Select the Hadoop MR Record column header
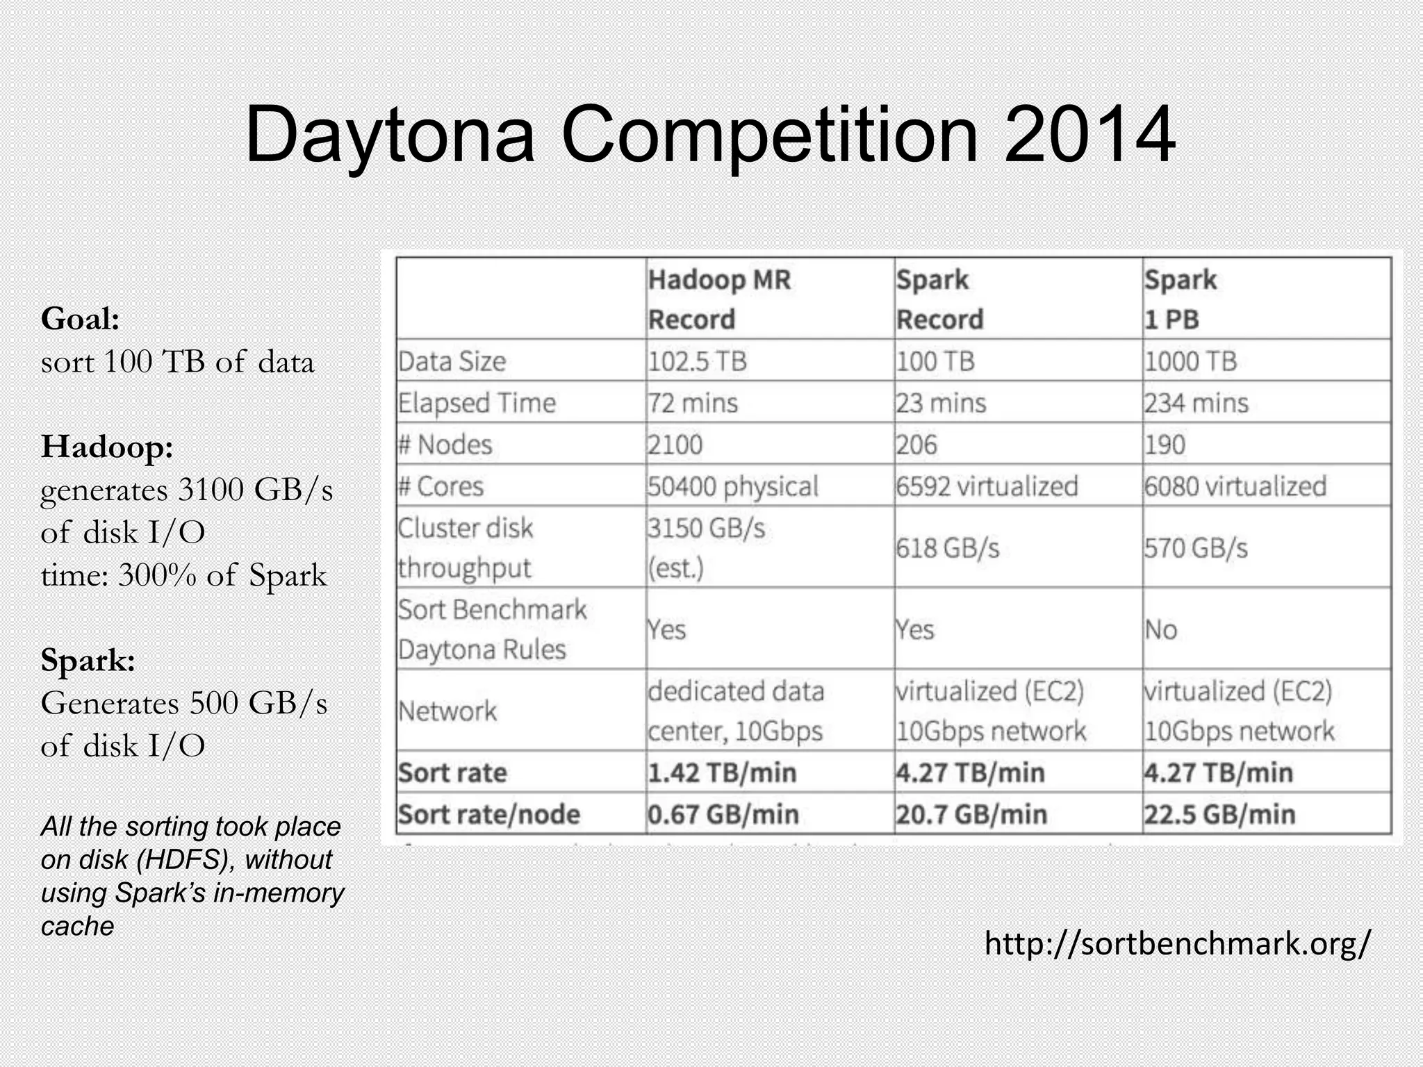(x=719, y=299)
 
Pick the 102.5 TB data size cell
(x=697, y=361)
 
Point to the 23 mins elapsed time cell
(x=941, y=403)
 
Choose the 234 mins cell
(x=1196, y=403)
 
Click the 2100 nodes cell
(x=675, y=445)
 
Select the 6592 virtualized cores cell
(x=987, y=486)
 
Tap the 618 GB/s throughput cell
(x=947, y=548)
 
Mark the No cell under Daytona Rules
(x=1160, y=630)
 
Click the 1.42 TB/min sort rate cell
(x=722, y=772)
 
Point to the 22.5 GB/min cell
(x=1219, y=814)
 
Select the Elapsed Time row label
(x=477, y=403)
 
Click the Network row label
(x=447, y=711)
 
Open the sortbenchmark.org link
(x=1178, y=943)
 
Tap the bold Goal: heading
(x=81, y=319)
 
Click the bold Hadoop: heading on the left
(x=107, y=446)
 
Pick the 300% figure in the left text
(x=157, y=575)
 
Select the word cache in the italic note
(x=77, y=926)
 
